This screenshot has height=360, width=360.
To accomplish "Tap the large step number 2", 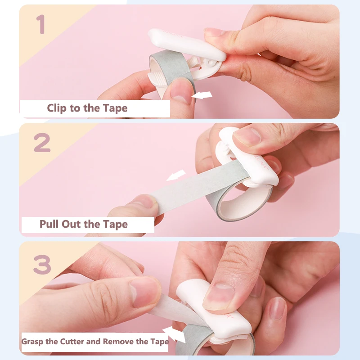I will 42,143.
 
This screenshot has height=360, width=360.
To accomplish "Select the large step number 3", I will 42,265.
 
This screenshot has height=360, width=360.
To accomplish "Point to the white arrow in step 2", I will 176,175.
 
